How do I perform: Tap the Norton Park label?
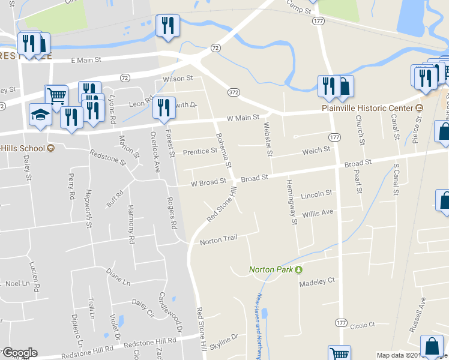271,269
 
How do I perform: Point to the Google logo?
19,353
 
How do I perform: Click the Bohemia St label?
222,149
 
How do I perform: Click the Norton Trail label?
218,240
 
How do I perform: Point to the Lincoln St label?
316,194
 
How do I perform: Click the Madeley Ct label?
317,281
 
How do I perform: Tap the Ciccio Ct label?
363,325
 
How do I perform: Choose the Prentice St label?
200,151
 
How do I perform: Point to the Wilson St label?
178,79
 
